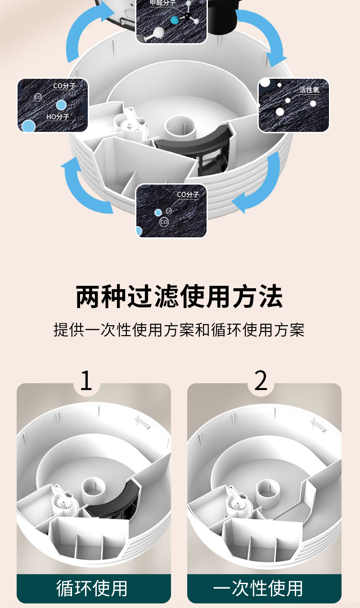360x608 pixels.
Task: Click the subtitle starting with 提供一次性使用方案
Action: pyautogui.click(x=179, y=330)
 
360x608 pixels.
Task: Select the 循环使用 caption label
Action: pyautogui.click(x=92, y=588)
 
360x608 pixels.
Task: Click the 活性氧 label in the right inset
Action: pyautogui.click(x=309, y=90)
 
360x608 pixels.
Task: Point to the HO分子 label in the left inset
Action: pyautogui.click(x=58, y=117)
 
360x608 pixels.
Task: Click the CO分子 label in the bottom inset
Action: pyautogui.click(x=188, y=195)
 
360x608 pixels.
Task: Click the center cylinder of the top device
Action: pyautogui.click(x=180, y=126)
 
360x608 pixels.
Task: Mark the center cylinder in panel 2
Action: pyautogui.click(x=268, y=489)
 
